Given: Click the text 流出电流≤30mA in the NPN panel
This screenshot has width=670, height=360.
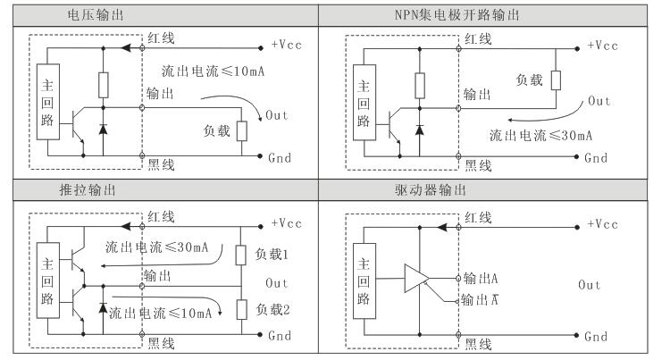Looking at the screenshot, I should (538, 136).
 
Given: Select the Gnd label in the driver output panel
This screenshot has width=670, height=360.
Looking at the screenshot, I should (598, 338).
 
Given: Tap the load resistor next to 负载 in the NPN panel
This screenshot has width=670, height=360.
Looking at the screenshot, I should (556, 80).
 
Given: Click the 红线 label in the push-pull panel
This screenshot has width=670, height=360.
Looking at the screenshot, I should (161, 218).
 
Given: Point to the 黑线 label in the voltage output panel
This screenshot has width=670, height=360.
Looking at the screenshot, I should (161, 166).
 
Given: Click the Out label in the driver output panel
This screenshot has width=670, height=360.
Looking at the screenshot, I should (590, 285).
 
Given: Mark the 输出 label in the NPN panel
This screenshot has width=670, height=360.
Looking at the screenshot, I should (476, 95).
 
